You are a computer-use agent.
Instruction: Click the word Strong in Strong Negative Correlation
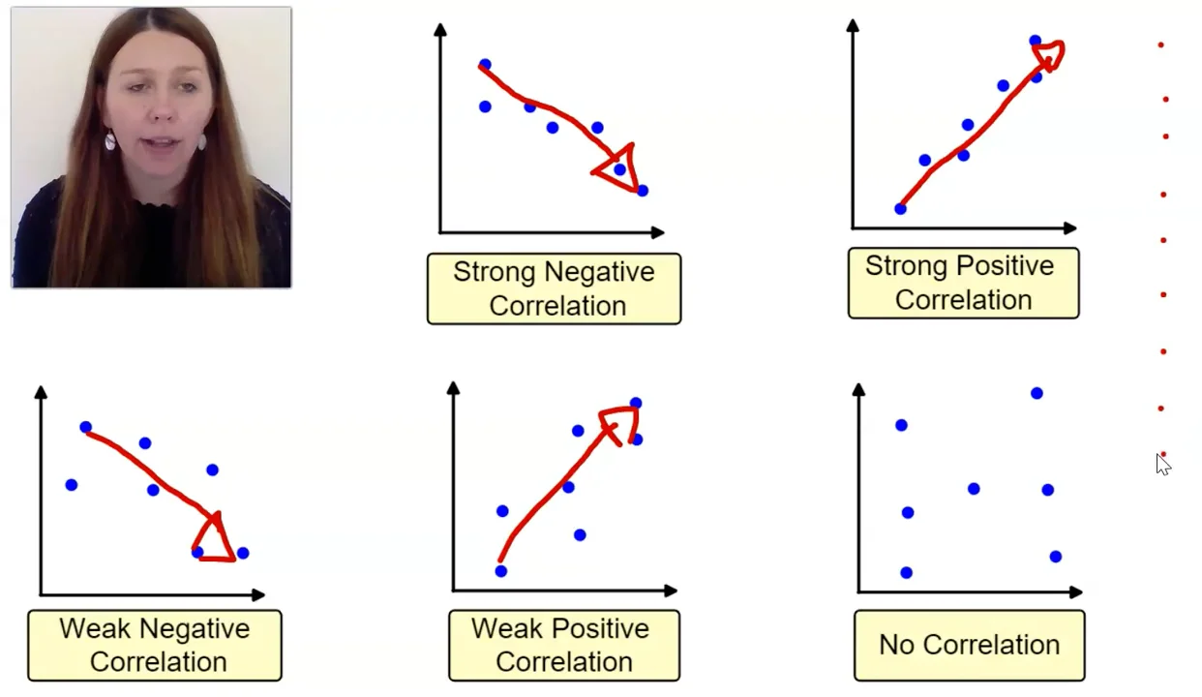[x=493, y=272]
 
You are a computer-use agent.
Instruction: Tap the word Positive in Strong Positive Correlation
[x=1007, y=266]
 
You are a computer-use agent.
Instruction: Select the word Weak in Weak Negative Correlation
[x=92, y=629]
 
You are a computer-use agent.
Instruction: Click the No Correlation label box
[x=969, y=645]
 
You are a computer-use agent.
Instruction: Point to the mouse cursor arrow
[x=1162, y=464]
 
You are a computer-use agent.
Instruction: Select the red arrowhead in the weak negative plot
[x=215, y=539]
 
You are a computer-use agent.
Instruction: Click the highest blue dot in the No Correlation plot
[x=1037, y=393]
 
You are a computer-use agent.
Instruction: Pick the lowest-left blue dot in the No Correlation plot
[x=906, y=573]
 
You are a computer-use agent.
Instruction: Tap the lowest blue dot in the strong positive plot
[x=900, y=208]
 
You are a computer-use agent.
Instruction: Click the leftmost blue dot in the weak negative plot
[x=71, y=484]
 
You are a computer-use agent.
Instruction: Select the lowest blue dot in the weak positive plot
[x=500, y=571]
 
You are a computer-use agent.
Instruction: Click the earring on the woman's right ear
[x=110, y=142]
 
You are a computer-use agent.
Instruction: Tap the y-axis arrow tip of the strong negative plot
[x=440, y=28]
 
